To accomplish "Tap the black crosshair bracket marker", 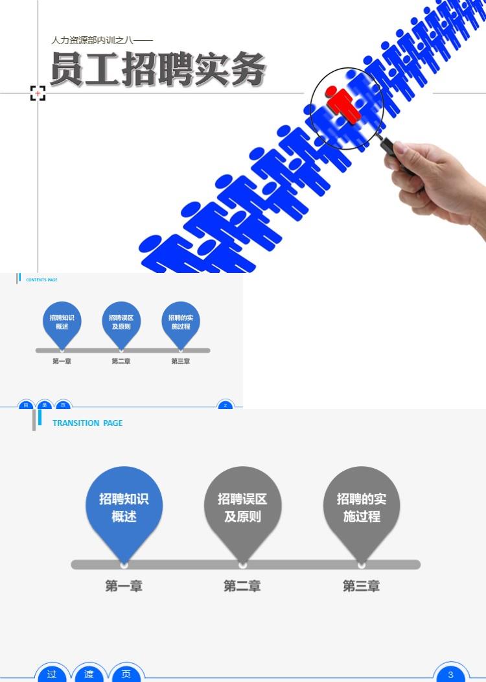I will click(38, 93).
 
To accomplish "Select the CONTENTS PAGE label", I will click(41, 280).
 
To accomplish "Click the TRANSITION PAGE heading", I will click(87, 423).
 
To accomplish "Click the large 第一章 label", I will click(124, 586).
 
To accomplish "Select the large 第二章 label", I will click(242, 586).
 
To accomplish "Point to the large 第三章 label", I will click(362, 586).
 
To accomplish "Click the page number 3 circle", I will click(451, 674).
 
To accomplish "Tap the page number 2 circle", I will click(225, 405).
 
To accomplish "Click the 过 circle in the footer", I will click(52, 674).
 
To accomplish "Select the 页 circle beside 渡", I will click(126, 674).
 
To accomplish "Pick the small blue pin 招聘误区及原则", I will click(121, 322).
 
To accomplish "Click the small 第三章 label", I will click(181, 361).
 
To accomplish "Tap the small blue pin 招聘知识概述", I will click(62, 322).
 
